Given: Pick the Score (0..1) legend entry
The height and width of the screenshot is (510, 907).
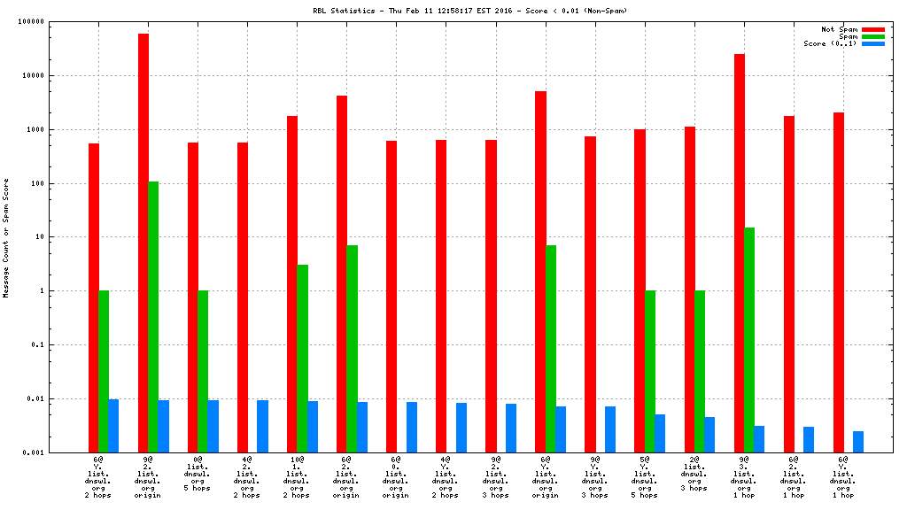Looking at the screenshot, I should [x=830, y=43].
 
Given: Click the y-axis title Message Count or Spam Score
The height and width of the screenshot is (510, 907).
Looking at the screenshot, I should [x=6, y=237].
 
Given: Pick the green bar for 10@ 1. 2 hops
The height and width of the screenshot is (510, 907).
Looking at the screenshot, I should [x=303, y=359].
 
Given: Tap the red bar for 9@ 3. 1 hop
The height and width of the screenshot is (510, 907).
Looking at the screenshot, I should [x=740, y=253].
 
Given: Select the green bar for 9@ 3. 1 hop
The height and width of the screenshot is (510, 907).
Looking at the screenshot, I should [x=749, y=340].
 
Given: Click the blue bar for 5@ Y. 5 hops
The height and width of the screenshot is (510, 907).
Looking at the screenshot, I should [x=660, y=433].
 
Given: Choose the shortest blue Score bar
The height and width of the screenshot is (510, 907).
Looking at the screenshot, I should [x=858, y=442].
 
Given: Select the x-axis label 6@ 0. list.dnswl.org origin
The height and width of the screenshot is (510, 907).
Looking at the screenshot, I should [x=397, y=477].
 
